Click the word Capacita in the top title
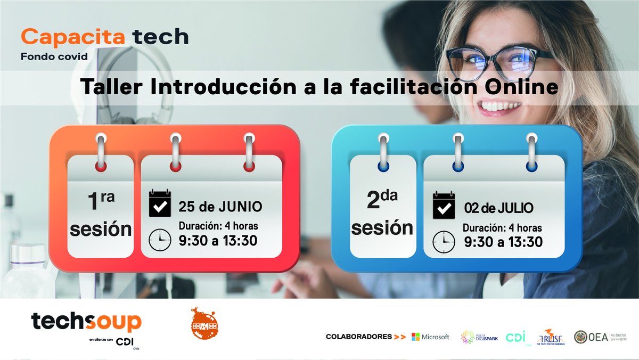[73, 37]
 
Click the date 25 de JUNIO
[220, 207]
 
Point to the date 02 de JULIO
[498, 207]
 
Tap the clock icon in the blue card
[444, 241]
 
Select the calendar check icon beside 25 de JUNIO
[160, 204]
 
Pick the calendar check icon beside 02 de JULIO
[444, 206]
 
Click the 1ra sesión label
[101, 215]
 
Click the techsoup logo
[86, 322]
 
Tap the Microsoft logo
[430, 337]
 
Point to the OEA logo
[591, 337]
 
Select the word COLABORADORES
[358, 337]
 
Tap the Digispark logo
[479, 337]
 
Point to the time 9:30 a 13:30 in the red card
[218, 241]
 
